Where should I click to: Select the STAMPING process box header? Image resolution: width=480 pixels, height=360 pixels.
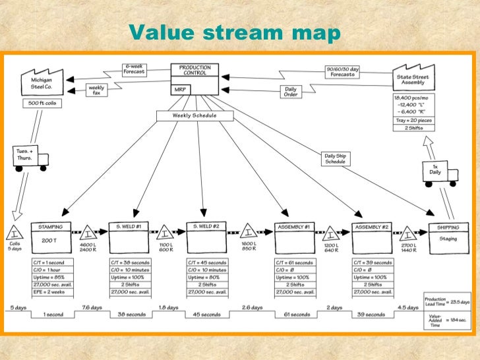(x=51, y=227)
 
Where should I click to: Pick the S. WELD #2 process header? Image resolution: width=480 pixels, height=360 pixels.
(x=206, y=227)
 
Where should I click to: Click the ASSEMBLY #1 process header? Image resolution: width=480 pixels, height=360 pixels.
(x=294, y=227)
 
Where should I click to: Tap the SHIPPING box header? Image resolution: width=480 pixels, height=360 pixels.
(x=448, y=227)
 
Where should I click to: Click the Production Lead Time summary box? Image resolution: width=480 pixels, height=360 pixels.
(x=448, y=301)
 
